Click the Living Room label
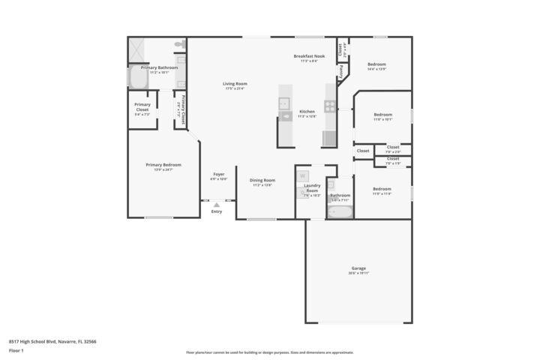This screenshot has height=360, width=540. (235, 83)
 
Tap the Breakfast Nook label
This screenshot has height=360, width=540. (308, 56)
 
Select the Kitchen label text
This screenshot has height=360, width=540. (307, 111)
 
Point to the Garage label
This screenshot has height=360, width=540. (358, 268)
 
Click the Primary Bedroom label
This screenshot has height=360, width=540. (163, 165)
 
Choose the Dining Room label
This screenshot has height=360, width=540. (262, 180)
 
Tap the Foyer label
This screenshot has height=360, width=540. (218, 174)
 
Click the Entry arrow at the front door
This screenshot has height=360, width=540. (217, 204)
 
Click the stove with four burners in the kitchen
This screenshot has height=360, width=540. (330, 106)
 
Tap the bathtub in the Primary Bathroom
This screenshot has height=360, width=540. (139, 77)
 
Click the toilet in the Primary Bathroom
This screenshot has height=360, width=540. (180, 45)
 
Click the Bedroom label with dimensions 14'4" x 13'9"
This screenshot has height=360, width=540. (376, 64)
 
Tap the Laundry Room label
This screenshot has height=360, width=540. (312, 187)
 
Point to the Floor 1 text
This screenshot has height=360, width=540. (16, 350)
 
